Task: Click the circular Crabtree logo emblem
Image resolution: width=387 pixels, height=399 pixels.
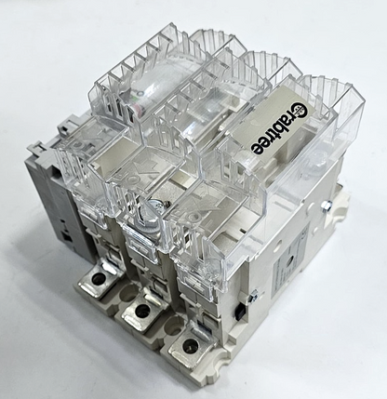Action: point(300,112)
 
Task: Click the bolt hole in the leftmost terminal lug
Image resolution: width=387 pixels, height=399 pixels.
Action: point(99,279)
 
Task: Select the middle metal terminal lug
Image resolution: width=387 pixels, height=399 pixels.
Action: point(142,311)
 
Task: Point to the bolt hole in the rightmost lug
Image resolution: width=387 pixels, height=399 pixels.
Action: point(191,345)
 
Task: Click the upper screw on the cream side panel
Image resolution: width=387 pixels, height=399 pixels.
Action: point(326,206)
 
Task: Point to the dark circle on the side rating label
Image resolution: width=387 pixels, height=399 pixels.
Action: point(290,259)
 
